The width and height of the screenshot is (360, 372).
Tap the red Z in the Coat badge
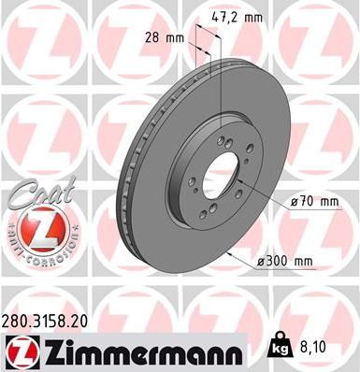36,227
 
